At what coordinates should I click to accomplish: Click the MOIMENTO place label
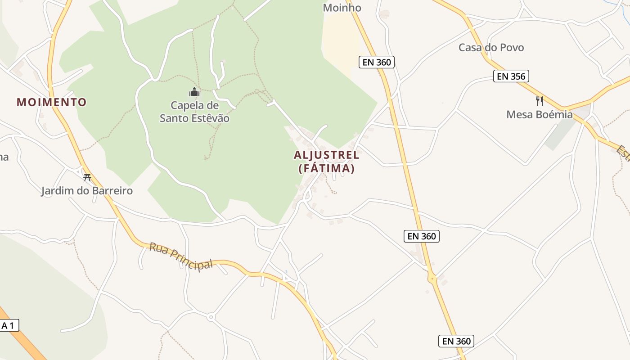(51, 102)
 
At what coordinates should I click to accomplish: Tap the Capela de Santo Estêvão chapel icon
(194, 92)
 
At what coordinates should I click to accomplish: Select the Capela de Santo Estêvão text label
(194, 112)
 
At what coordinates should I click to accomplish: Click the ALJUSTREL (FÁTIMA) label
(327, 162)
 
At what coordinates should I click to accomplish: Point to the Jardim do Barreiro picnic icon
(87, 177)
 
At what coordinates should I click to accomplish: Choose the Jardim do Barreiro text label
(87, 191)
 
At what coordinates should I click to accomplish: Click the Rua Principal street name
(181, 256)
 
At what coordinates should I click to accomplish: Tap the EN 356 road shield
(511, 76)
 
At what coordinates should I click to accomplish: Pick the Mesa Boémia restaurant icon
(540, 101)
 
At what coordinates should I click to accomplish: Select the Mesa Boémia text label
(540, 115)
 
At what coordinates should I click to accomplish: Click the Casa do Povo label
(491, 47)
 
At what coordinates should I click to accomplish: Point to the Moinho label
(342, 8)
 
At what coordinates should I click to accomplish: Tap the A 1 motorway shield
(9, 325)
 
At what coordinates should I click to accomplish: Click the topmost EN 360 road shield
(377, 62)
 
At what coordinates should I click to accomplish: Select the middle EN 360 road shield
(422, 236)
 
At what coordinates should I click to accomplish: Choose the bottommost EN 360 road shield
(456, 341)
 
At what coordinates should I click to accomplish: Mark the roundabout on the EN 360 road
(432, 279)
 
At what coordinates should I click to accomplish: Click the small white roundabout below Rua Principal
(211, 317)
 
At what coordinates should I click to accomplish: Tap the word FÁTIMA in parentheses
(327, 169)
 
